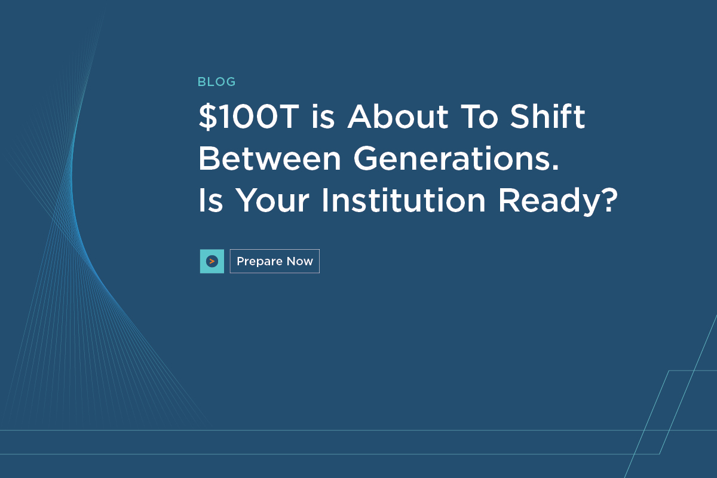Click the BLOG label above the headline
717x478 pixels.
tap(216, 82)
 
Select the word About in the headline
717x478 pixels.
tap(398, 117)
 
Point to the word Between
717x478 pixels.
tap(269, 158)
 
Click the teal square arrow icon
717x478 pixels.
tap(212, 261)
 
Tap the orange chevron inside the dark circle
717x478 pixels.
tap(212, 261)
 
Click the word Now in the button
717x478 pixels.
tap(299, 261)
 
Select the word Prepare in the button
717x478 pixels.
tap(259, 262)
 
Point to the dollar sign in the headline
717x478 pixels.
tap(208, 117)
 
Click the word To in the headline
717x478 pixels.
tap(479, 117)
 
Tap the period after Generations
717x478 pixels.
tap(555, 167)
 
